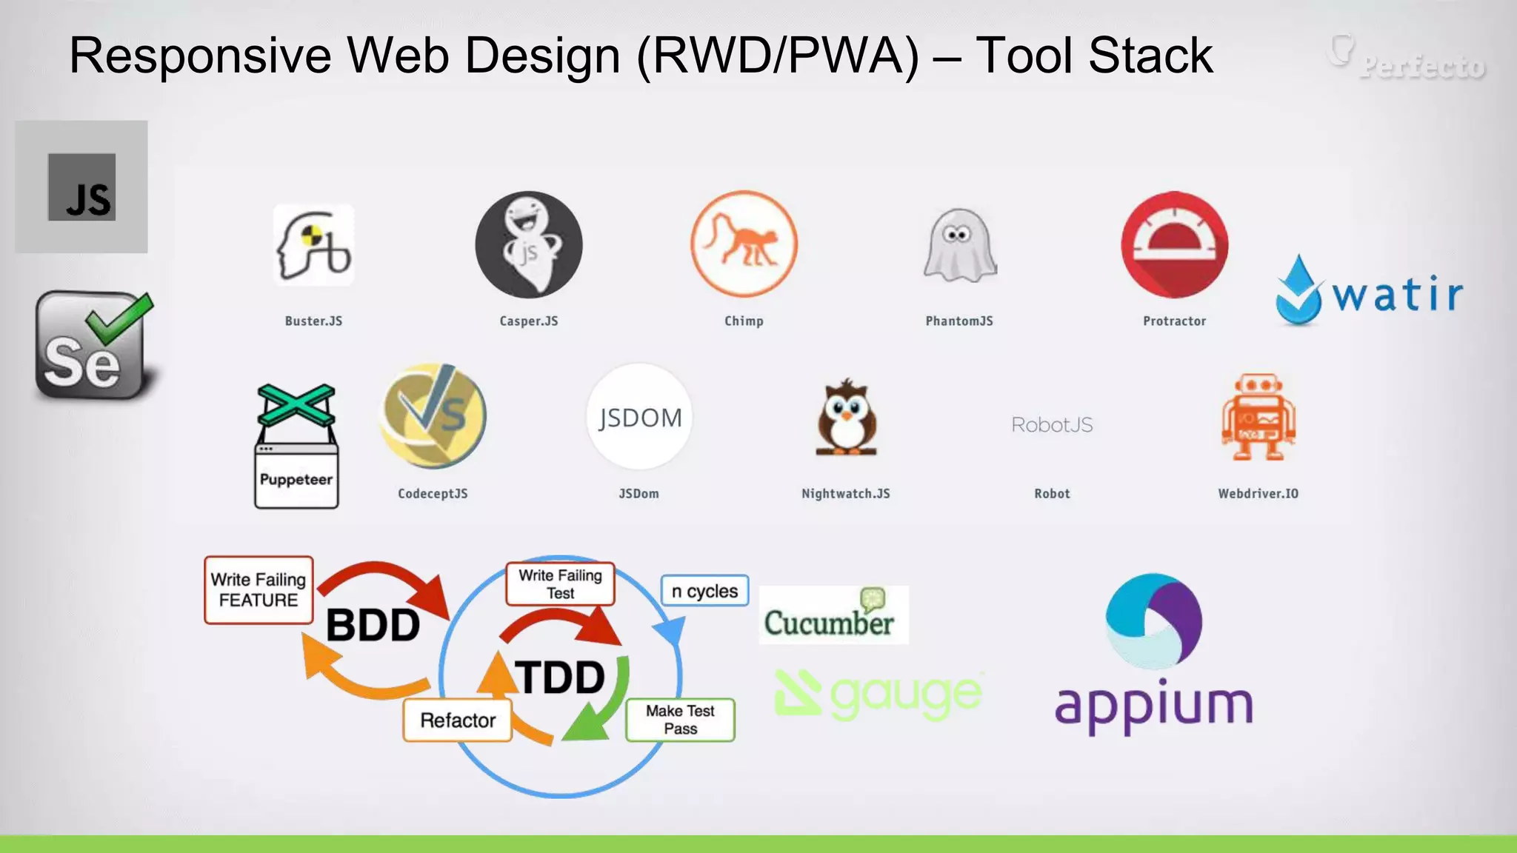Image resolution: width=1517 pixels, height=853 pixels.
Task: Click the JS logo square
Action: [x=81, y=187]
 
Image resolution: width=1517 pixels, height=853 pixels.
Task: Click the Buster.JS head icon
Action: [x=314, y=245]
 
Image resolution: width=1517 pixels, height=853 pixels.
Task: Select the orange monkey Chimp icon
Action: [x=744, y=244]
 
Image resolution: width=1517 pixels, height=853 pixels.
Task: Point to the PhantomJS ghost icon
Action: [x=960, y=245]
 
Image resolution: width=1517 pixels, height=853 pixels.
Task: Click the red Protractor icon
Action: [x=1174, y=244]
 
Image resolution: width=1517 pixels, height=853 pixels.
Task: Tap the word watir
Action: [x=1397, y=295]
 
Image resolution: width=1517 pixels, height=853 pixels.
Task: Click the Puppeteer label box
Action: [x=296, y=478]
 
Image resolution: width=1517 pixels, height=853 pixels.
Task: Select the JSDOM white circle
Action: [x=639, y=417]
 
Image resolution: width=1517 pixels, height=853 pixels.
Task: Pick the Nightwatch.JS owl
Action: [x=846, y=417]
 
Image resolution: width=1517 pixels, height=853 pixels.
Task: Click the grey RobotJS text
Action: [x=1052, y=425]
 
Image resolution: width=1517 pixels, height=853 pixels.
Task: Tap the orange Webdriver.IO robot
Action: [x=1258, y=417]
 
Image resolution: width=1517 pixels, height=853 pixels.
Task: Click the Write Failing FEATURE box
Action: [x=259, y=590]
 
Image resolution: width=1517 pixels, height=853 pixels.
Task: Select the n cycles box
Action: [x=704, y=591]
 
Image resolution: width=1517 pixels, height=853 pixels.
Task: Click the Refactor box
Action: [x=458, y=720]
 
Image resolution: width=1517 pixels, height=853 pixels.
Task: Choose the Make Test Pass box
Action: [x=680, y=720]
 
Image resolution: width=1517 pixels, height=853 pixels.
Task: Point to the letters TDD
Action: [x=561, y=678]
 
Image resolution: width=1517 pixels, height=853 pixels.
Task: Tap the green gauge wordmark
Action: [x=905, y=695]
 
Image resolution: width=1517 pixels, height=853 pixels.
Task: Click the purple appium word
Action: [x=1153, y=705]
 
